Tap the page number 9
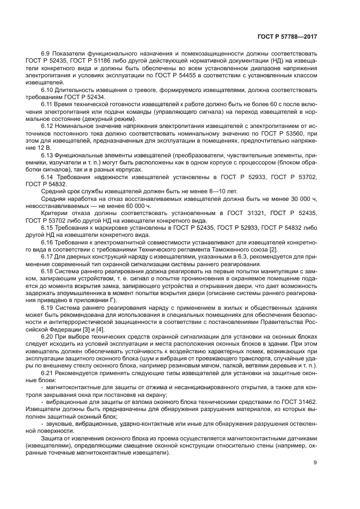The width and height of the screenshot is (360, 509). (315, 463)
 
